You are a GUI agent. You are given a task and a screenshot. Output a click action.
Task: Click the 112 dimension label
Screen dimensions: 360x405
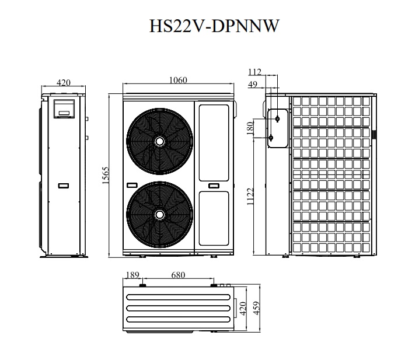coord(254,72)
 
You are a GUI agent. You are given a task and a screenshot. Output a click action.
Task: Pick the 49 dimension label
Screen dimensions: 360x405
coord(253,85)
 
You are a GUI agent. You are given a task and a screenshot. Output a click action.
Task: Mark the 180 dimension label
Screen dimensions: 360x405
coord(250,128)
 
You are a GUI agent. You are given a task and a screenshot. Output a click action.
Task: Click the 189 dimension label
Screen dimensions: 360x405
coord(132,275)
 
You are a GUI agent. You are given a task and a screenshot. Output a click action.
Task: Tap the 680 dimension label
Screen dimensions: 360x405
coord(179,275)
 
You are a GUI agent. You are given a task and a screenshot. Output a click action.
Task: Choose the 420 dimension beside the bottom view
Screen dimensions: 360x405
coord(241,307)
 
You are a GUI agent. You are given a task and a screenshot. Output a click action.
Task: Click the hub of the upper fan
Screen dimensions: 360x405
coord(159,141)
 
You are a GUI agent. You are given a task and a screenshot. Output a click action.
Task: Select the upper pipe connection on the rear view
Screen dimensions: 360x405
coord(277,118)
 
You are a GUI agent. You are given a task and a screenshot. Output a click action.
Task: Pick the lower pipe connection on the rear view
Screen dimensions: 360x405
coord(271,138)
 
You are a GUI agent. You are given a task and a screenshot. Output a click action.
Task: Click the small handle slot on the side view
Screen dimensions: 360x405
coord(64,186)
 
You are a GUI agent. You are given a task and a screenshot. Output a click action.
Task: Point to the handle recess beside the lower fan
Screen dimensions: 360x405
coord(132,186)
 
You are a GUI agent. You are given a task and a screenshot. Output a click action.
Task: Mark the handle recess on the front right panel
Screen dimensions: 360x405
coord(214,187)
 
